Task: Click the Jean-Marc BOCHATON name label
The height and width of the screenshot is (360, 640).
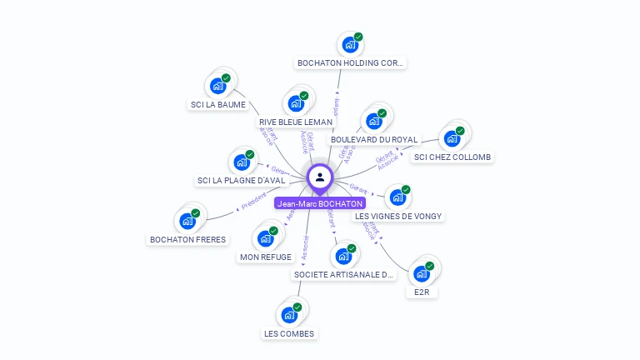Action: pyautogui.click(x=320, y=203)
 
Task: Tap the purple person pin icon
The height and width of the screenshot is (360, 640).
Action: pyautogui.click(x=320, y=177)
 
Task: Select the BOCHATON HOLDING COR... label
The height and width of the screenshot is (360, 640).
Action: pyautogui.click(x=351, y=62)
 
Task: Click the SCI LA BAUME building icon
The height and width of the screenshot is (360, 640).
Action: pyautogui.click(x=217, y=86)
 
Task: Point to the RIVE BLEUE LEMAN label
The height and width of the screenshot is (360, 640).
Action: pyautogui.click(x=296, y=122)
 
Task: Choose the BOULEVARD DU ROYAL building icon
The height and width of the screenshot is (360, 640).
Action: pyautogui.click(x=373, y=121)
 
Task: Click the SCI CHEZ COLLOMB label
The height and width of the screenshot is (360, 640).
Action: pyautogui.click(x=452, y=157)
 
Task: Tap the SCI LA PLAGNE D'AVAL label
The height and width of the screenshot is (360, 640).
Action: pyautogui.click(x=241, y=180)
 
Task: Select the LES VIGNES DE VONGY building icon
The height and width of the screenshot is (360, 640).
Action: pyautogui.click(x=397, y=197)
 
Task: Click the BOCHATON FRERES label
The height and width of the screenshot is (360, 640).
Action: pyautogui.click(x=187, y=239)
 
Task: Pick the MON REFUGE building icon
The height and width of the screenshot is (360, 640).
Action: pyautogui.click(x=265, y=239)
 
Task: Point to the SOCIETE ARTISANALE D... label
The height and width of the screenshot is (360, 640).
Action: pyautogui.click(x=343, y=274)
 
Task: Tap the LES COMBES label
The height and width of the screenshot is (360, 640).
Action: pyautogui.click(x=289, y=333)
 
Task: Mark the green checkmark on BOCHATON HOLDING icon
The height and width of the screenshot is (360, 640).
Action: pyautogui.click(x=358, y=37)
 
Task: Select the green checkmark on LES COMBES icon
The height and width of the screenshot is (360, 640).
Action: pyautogui.click(x=297, y=307)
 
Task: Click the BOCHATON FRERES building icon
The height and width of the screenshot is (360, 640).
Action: pyautogui.click(x=187, y=222)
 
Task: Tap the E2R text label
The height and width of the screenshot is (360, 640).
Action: pyautogui.click(x=421, y=292)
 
